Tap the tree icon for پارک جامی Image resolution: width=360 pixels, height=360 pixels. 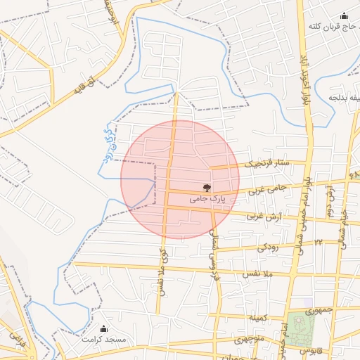[x=207, y=188]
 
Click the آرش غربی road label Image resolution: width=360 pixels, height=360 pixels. [x=262, y=217]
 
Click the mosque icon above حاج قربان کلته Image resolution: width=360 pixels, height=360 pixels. [x=344, y=16]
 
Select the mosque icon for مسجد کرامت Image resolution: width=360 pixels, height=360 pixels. [x=104, y=328]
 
